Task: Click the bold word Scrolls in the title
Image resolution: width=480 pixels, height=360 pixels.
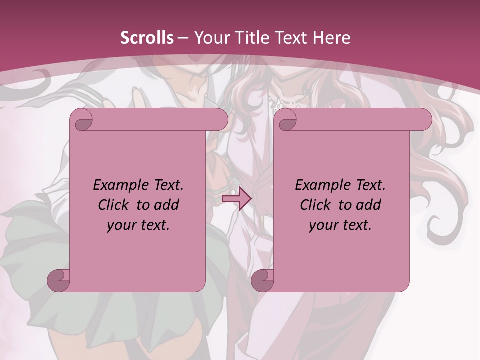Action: pos(147,38)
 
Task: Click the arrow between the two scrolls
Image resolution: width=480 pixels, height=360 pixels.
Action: pos(236,199)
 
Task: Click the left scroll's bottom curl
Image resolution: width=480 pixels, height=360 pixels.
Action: pos(59,280)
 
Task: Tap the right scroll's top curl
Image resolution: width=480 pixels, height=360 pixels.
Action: pos(286,120)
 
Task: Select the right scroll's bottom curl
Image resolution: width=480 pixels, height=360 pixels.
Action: pos(262,280)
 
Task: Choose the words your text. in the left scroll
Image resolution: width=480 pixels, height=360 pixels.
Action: pos(138,225)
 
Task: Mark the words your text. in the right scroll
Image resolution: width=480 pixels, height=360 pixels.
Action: pos(340,225)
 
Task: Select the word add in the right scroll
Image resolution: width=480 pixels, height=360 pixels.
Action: pos(368,205)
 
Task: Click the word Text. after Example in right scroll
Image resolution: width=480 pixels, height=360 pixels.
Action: pos(367,185)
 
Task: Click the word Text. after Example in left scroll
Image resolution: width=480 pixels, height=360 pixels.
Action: pos(165,185)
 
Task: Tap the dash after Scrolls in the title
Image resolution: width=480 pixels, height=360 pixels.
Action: pos(182,38)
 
